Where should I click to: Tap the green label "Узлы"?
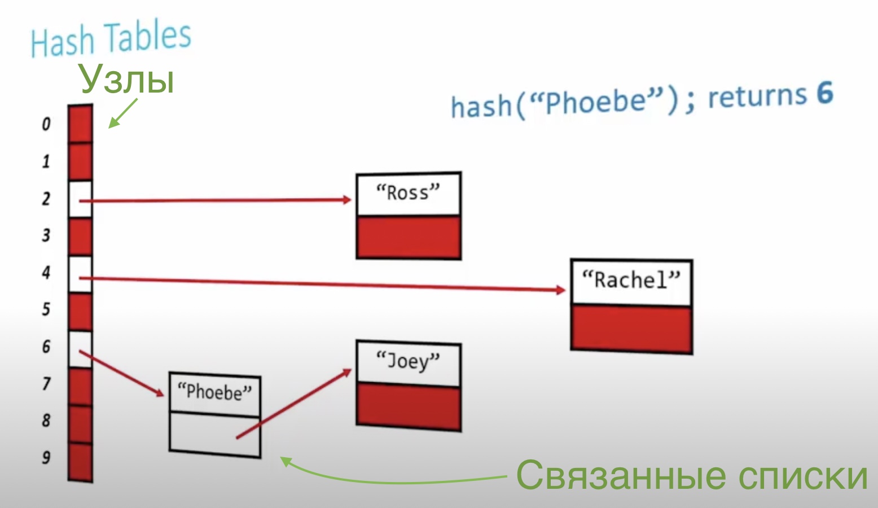[x=127, y=79]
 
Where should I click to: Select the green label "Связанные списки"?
[x=692, y=475]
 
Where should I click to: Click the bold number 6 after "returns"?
[x=824, y=93]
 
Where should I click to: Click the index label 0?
[x=46, y=124]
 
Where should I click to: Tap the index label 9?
[x=46, y=457]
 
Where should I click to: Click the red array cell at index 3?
[x=80, y=237]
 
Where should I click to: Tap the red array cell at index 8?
[x=80, y=423]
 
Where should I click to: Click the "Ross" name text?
[x=408, y=193]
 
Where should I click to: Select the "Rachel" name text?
[x=631, y=280]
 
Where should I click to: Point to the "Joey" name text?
[x=408, y=361]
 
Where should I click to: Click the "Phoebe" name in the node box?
[x=214, y=392]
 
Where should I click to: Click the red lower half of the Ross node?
[x=408, y=237]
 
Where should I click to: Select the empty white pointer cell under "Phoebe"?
[x=203, y=433]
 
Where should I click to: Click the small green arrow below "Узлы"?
[x=122, y=113]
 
